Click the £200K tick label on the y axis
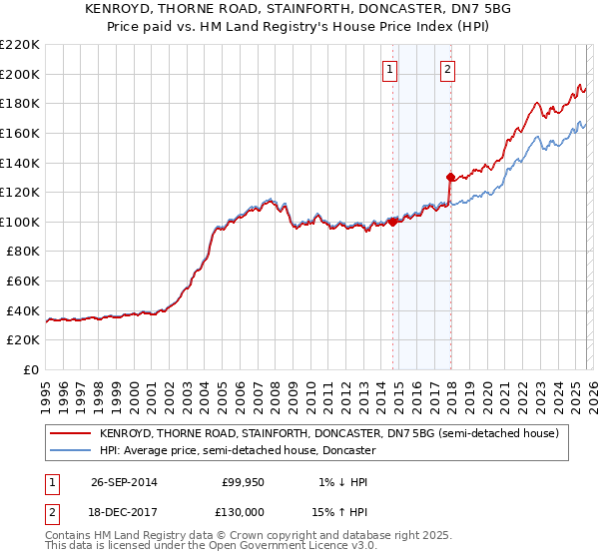(20, 74)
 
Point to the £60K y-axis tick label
(23, 281)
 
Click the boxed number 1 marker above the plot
(388, 69)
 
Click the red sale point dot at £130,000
(450, 178)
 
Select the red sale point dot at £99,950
(392, 222)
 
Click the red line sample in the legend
(70, 433)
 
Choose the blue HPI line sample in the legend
(70, 451)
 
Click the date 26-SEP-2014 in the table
(124, 482)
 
